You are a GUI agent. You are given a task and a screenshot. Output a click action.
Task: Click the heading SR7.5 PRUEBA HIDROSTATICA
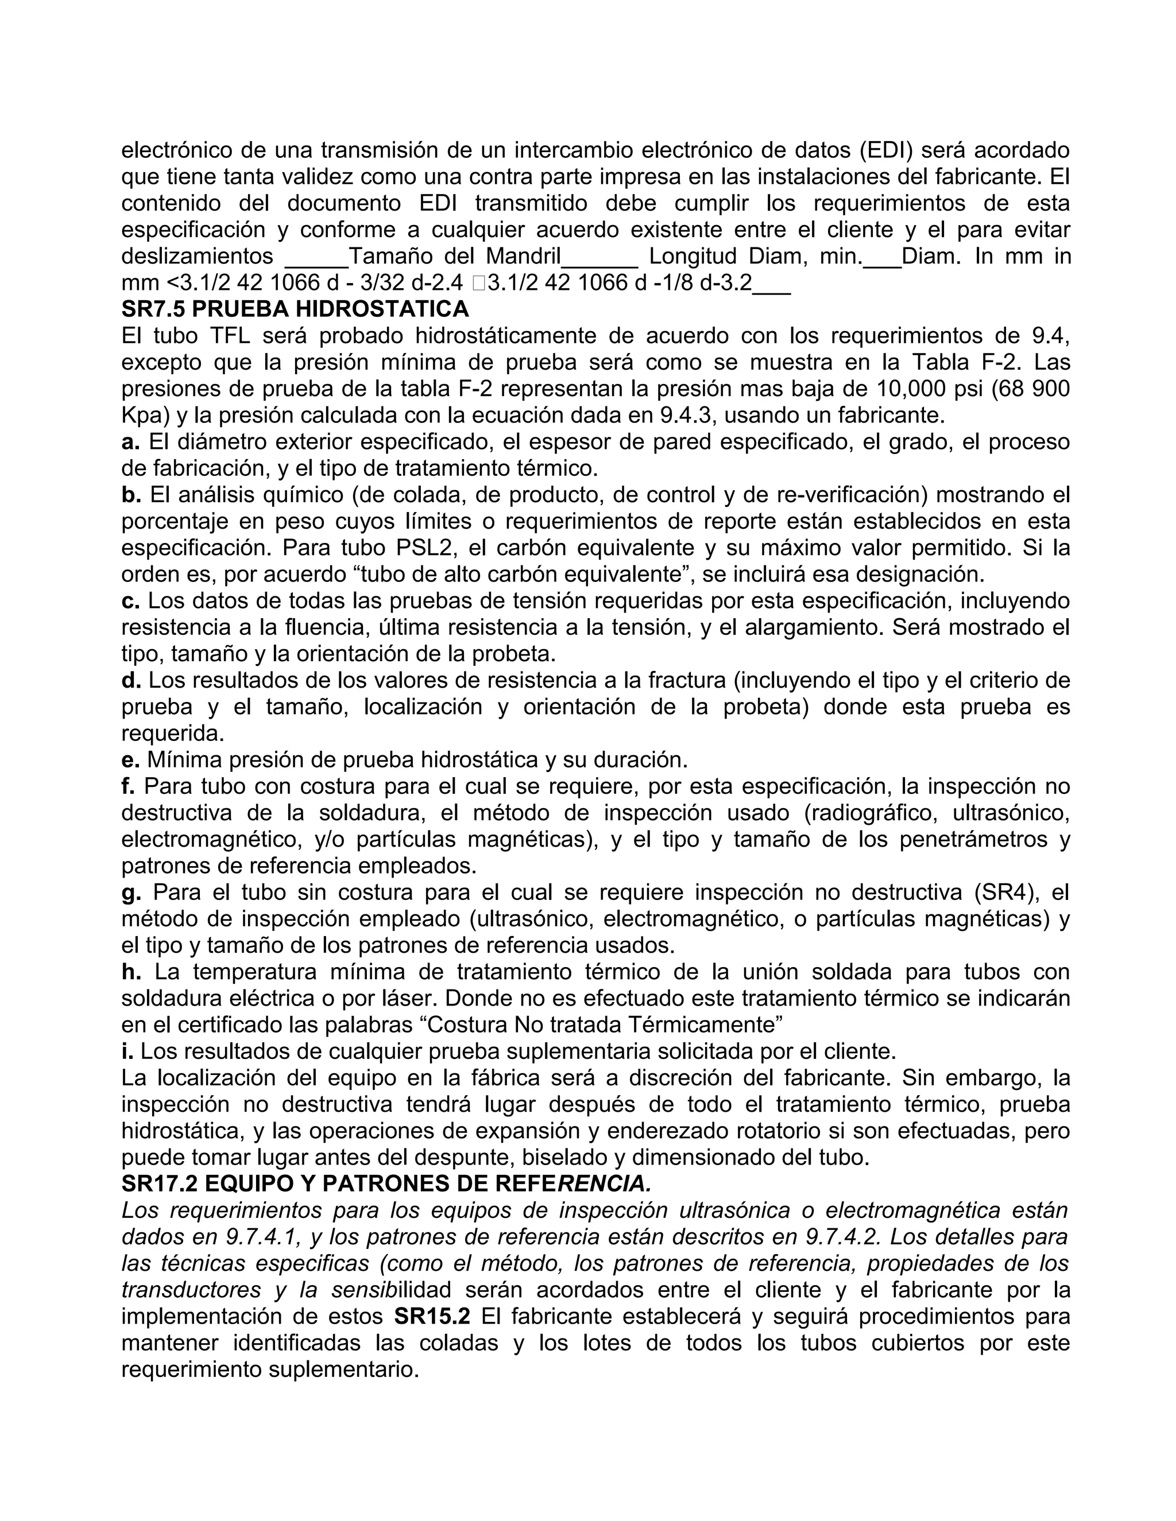click(295, 309)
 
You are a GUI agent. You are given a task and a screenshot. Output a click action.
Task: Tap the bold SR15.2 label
click(432, 1316)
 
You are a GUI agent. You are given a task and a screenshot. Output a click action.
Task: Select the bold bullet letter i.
click(127, 1051)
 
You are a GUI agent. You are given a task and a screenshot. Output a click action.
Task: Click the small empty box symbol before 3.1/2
click(477, 284)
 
